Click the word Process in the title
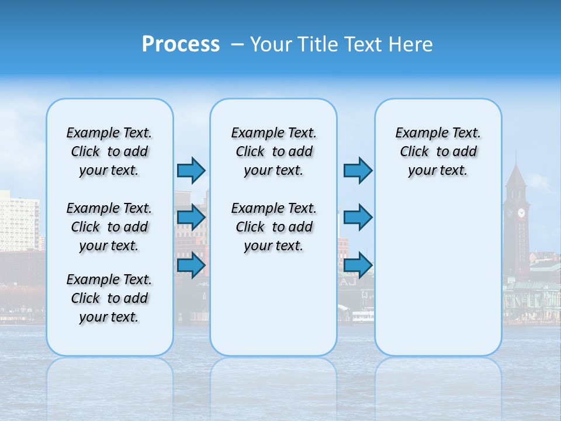click(181, 44)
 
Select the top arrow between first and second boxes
click(191, 170)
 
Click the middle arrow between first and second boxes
click(191, 218)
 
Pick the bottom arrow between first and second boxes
click(191, 265)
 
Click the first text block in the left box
click(109, 151)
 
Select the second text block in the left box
click(109, 227)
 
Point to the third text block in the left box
click(109, 298)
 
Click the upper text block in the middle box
click(273, 151)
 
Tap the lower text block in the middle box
click(273, 227)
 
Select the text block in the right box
click(438, 151)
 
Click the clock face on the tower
click(521, 213)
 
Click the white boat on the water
click(362, 316)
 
